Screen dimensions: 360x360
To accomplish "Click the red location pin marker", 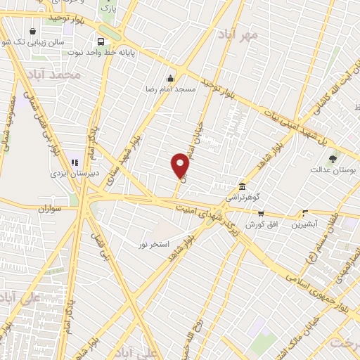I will pyautogui.click(x=180, y=165).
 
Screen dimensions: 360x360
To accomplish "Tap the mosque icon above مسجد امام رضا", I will pyautogui.click(x=170, y=78).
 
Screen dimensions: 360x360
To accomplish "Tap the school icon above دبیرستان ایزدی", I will pyautogui.click(x=75, y=163).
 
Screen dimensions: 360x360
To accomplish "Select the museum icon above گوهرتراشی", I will pyautogui.click(x=242, y=186).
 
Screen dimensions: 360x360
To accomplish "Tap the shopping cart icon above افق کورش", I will pyautogui.click(x=261, y=213).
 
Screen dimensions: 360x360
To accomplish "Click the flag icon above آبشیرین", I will pyautogui.click(x=304, y=212).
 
